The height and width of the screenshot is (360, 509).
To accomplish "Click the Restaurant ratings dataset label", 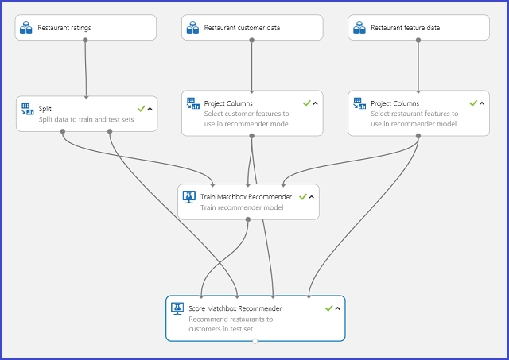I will click(64, 28).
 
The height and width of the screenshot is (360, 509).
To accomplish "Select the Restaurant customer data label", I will click(242, 28).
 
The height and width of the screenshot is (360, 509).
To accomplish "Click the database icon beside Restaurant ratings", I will click(27, 28).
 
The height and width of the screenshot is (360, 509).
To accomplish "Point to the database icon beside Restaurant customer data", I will click(192, 28).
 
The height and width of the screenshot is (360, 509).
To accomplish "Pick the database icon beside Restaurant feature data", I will click(359, 28).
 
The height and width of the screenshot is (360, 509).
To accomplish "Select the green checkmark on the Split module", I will click(140, 108).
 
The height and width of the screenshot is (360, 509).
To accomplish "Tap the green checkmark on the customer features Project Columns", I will click(306, 103).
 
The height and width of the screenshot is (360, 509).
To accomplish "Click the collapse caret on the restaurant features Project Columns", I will click(482, 103).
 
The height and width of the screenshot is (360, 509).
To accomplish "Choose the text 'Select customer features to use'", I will click(247, 114).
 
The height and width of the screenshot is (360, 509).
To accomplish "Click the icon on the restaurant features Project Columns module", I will click(359, 103).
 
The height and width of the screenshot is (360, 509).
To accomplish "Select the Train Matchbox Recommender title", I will click(246, 196).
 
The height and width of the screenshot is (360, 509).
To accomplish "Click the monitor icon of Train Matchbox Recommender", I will click(189, 197).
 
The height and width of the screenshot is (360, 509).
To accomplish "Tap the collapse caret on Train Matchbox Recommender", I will click(311, 197).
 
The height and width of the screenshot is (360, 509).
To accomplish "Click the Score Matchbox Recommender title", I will click(235, 308).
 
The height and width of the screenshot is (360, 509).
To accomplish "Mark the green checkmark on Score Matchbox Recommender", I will click(328, 308).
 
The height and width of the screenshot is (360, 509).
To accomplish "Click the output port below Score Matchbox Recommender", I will click(254, 341).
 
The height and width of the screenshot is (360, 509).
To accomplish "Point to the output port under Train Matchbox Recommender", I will click(248, 219).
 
